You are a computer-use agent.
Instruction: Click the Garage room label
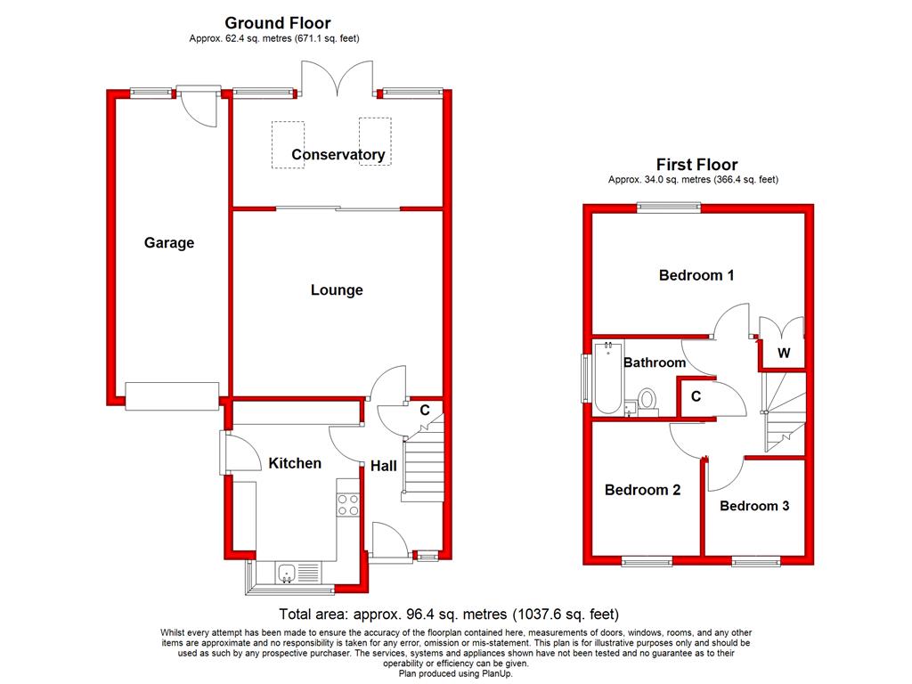(x=169, y=243)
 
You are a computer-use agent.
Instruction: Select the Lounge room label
(x=337, y=290)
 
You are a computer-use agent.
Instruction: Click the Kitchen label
(x=295, y=463)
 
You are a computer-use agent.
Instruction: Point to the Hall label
(x=384, y=466)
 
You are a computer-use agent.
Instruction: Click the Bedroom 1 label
(x=696, y=275)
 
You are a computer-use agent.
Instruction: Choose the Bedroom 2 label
(x=642, y=490)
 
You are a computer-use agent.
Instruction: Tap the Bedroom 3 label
(x=754, y=506)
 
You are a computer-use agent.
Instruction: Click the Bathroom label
(x=655, y=362)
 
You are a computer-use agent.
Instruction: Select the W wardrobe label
(x=784, y=354)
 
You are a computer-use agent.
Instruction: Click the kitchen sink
(x=288, y=574)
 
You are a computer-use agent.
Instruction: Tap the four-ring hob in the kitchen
(x=348, y=505)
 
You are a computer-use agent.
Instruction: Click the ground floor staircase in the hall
(x=424, y=463)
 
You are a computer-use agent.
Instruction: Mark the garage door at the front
(x=172, y=396)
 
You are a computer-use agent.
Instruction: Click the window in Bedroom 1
(x=669, y=208)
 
